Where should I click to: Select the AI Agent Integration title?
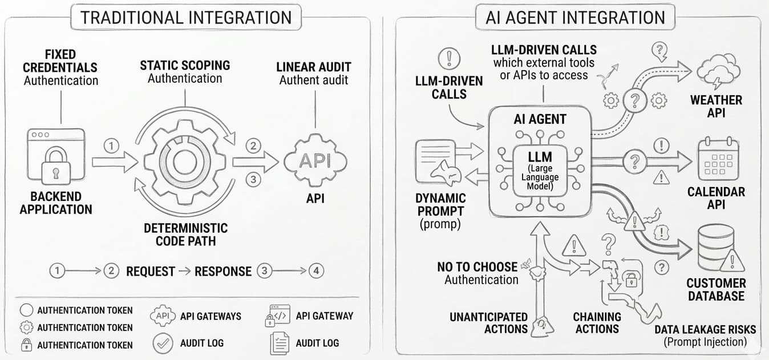(575, 17)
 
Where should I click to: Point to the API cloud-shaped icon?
(315, 161)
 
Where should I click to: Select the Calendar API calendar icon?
(718, 159)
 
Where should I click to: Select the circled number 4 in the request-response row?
(316, 270)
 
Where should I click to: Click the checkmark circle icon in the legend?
(163, 343)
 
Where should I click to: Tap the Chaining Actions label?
(597, 322)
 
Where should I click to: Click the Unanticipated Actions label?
(488, 322)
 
